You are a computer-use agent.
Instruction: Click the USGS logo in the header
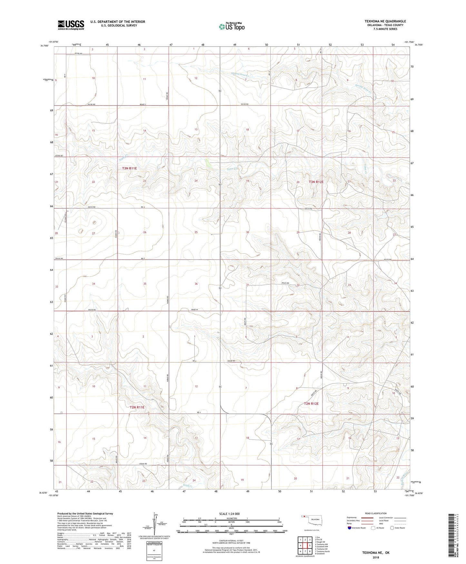[x=71, y=25]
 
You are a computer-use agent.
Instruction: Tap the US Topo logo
[x=231, y=26]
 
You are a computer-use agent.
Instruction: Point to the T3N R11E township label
[x=129, y=168]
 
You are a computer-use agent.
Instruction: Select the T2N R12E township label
[x=311, y=403]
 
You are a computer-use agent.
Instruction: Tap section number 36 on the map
[x=196, y=284]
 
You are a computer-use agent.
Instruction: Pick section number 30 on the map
[x=247, y=232]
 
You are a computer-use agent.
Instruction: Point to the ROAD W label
[x=194, y=310]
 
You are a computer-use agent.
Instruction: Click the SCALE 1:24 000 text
[x=229, y=514]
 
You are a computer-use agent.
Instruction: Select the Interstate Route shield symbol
[x=350, y=528]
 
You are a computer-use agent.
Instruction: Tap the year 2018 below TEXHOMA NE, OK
[x=375, y=557]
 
